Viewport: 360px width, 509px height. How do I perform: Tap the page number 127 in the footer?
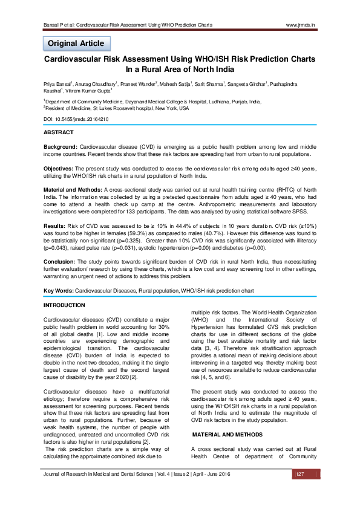coord(299,490)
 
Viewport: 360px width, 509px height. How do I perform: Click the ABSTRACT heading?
coord(59,132)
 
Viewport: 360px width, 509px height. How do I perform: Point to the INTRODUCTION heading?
coord(65,304)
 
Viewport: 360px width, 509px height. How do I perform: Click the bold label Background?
coord(61,148)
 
